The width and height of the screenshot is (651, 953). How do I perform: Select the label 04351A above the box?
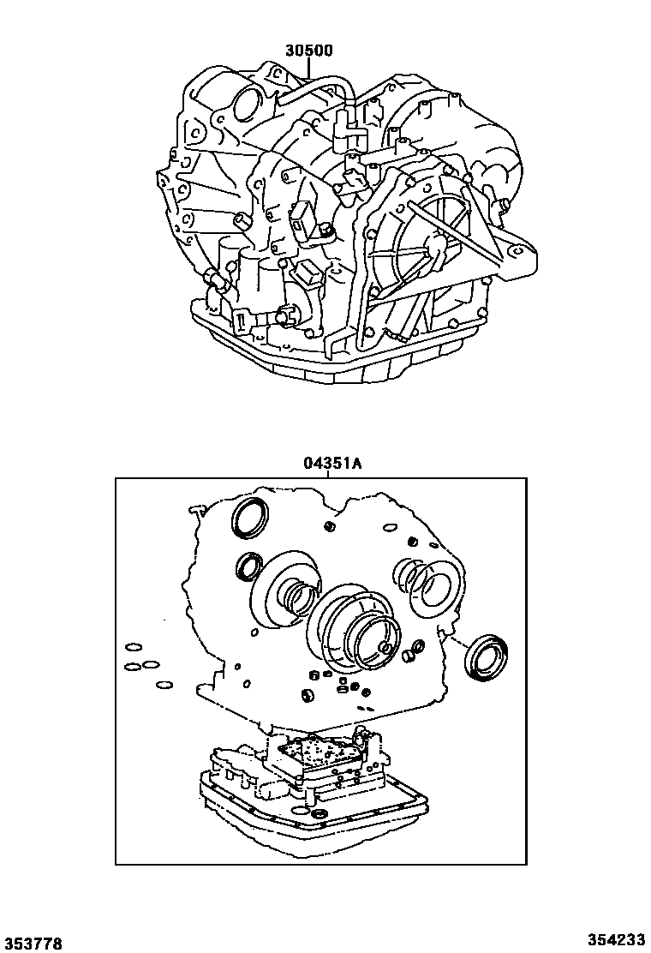[x=332, y=464]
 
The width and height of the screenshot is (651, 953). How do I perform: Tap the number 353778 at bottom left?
[x=33, y=943]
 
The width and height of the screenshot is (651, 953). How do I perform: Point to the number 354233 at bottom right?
[x=617, y=941]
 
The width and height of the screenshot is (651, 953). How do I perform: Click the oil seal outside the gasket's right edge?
[x=486, y=656]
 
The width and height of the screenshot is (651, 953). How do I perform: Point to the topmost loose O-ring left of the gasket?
[x=132, y=648]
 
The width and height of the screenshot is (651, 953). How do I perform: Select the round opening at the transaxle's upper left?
[x=246, y=105]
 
